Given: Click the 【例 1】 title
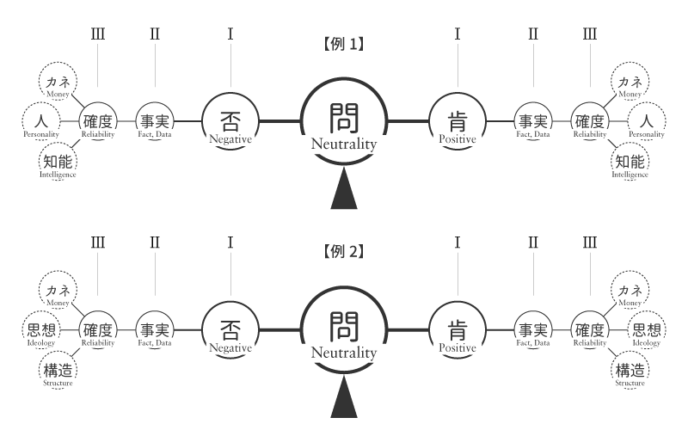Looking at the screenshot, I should coord(344,44).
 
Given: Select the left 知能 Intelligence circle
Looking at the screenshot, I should coord(58,160).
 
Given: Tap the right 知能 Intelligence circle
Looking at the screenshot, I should coord(630,160).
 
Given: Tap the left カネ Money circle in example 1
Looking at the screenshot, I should coord(58,84).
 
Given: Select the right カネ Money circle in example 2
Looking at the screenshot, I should coord(630,292).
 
